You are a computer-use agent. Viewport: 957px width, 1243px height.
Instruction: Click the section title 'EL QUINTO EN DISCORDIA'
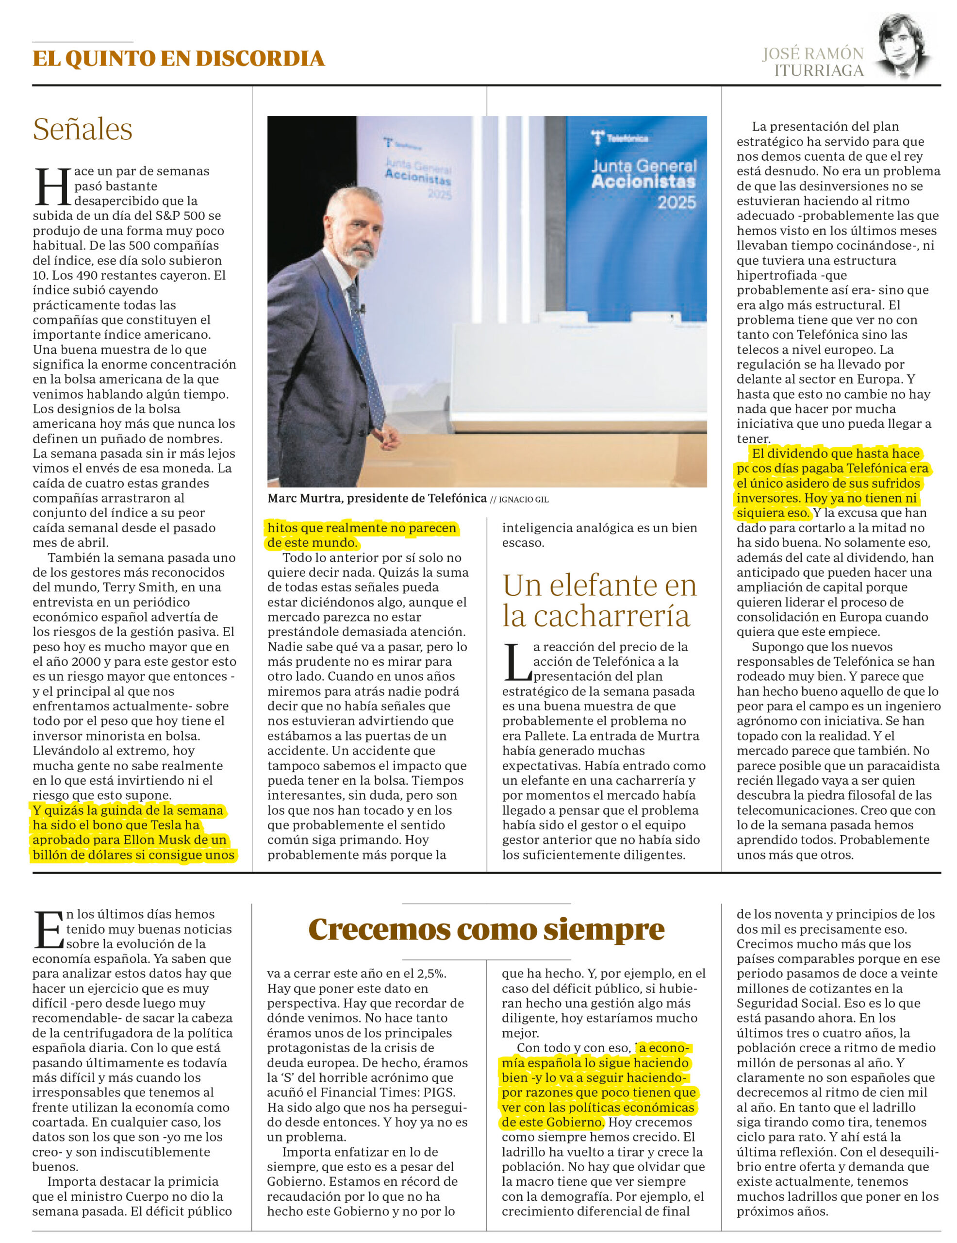pos(178,59)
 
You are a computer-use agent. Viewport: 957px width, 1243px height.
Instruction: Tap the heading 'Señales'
pos(82,129)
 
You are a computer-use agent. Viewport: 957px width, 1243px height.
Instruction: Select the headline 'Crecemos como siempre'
pos(486,929)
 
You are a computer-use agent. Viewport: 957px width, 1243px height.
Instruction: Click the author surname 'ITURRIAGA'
pos(818,70)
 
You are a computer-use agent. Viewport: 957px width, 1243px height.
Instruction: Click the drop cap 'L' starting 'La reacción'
pos(515,662)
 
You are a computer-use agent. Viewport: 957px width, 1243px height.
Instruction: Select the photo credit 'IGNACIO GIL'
pos(524,500)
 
